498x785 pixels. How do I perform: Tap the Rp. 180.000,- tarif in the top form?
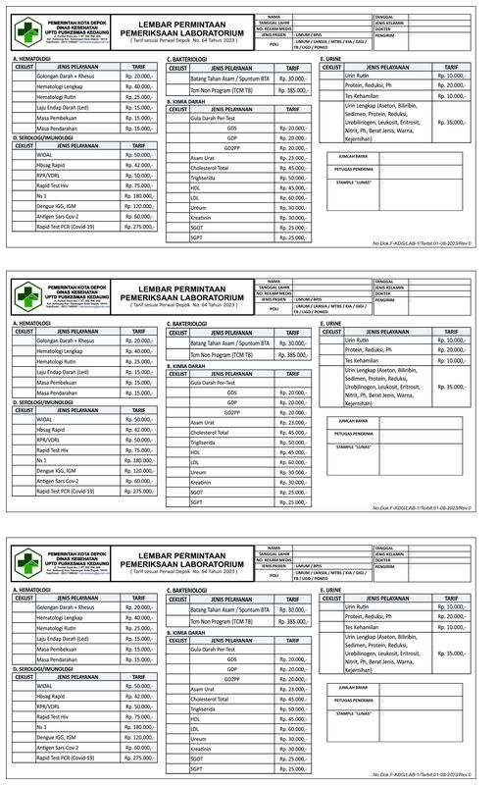[x=138, y=196]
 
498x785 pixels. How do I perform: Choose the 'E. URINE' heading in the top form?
[x=331, y=59]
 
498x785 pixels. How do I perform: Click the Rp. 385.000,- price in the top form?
[x=292, y=90]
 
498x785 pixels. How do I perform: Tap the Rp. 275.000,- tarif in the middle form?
[x=138, y=491]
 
